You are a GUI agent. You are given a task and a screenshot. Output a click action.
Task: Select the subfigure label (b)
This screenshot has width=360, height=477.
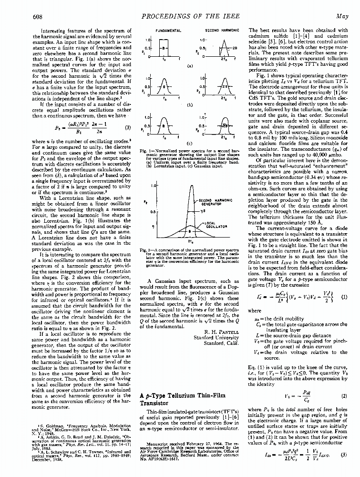[191, 104]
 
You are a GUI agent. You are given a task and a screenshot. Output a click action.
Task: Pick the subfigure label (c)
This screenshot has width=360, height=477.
[191, 143]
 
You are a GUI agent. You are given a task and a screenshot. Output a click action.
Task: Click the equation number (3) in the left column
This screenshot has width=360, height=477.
[128, 128]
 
